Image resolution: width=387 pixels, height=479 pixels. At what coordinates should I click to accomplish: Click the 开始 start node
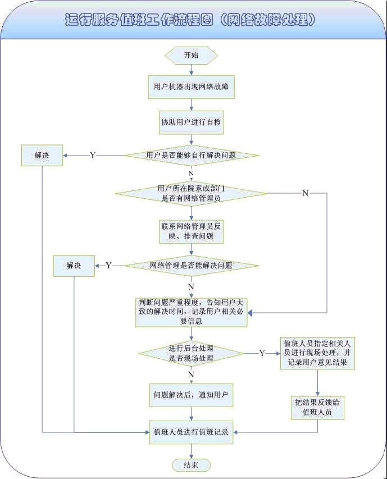coord(191,55)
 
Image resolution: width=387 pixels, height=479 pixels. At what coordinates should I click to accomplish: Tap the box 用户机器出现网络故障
coord(191,87)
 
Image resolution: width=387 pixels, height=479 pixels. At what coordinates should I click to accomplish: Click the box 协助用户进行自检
coord(191,122)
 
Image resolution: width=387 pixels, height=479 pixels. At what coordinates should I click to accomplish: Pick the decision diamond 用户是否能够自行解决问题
coord(191,155)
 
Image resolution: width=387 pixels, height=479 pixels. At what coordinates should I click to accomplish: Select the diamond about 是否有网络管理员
coord(191,193)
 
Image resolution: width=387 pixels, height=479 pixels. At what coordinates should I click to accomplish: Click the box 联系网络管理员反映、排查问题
coord(191,231)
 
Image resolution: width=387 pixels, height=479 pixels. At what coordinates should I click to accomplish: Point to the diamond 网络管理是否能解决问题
coord(191,265)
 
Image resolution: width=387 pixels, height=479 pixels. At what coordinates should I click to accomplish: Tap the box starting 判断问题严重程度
coord(191,312)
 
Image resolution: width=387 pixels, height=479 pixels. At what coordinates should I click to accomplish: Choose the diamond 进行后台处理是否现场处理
coord(191,353)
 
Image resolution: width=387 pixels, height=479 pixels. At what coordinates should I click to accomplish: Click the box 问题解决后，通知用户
coord(191,395)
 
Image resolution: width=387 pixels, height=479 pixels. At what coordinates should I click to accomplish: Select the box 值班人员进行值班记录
coord(191,432)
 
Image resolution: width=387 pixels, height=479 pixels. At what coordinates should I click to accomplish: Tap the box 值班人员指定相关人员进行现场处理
coord(317,353)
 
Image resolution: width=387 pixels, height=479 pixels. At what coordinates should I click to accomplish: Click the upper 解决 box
coord(42,155)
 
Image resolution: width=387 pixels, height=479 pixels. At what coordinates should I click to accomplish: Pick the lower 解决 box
coord(74,265)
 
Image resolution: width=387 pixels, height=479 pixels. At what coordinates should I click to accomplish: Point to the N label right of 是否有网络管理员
coord(306,193)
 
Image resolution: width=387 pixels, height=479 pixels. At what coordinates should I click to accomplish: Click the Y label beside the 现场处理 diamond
coord(262,353)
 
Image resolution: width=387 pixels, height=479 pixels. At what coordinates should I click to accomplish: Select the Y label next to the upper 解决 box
coord(93,155)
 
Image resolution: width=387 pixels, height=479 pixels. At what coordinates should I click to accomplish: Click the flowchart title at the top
coord(191,20)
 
